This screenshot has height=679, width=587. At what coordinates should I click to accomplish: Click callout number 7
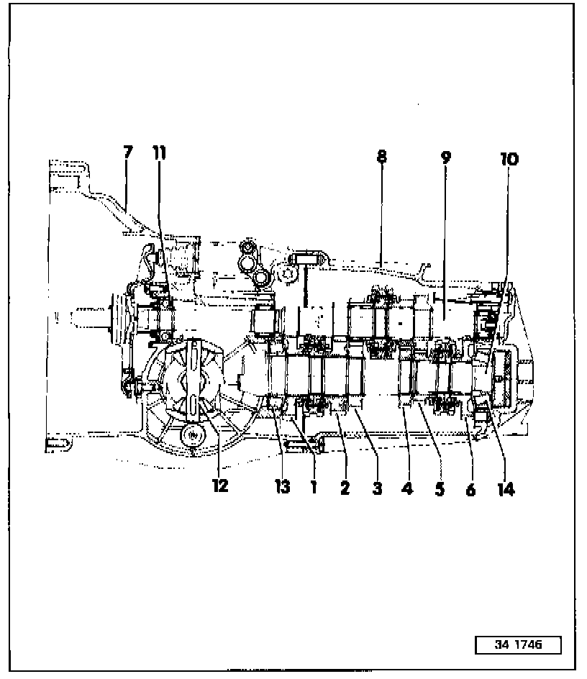128,152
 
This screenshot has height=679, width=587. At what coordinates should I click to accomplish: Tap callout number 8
381,156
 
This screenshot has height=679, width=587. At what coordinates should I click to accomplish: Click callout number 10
509,159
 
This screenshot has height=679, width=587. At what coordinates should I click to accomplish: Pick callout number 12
220,486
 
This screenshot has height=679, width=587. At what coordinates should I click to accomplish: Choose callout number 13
282,487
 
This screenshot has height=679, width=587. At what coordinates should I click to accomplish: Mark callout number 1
314,487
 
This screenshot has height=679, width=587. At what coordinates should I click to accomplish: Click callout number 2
345,488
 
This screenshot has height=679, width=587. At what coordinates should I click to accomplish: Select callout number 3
376,488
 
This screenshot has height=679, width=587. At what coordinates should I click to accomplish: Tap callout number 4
407,489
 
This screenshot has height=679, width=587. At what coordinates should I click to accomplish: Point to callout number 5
439,489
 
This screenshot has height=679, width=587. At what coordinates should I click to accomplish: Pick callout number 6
470,489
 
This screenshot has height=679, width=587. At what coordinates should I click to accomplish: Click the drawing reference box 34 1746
518,645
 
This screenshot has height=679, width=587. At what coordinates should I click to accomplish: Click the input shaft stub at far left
90,316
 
